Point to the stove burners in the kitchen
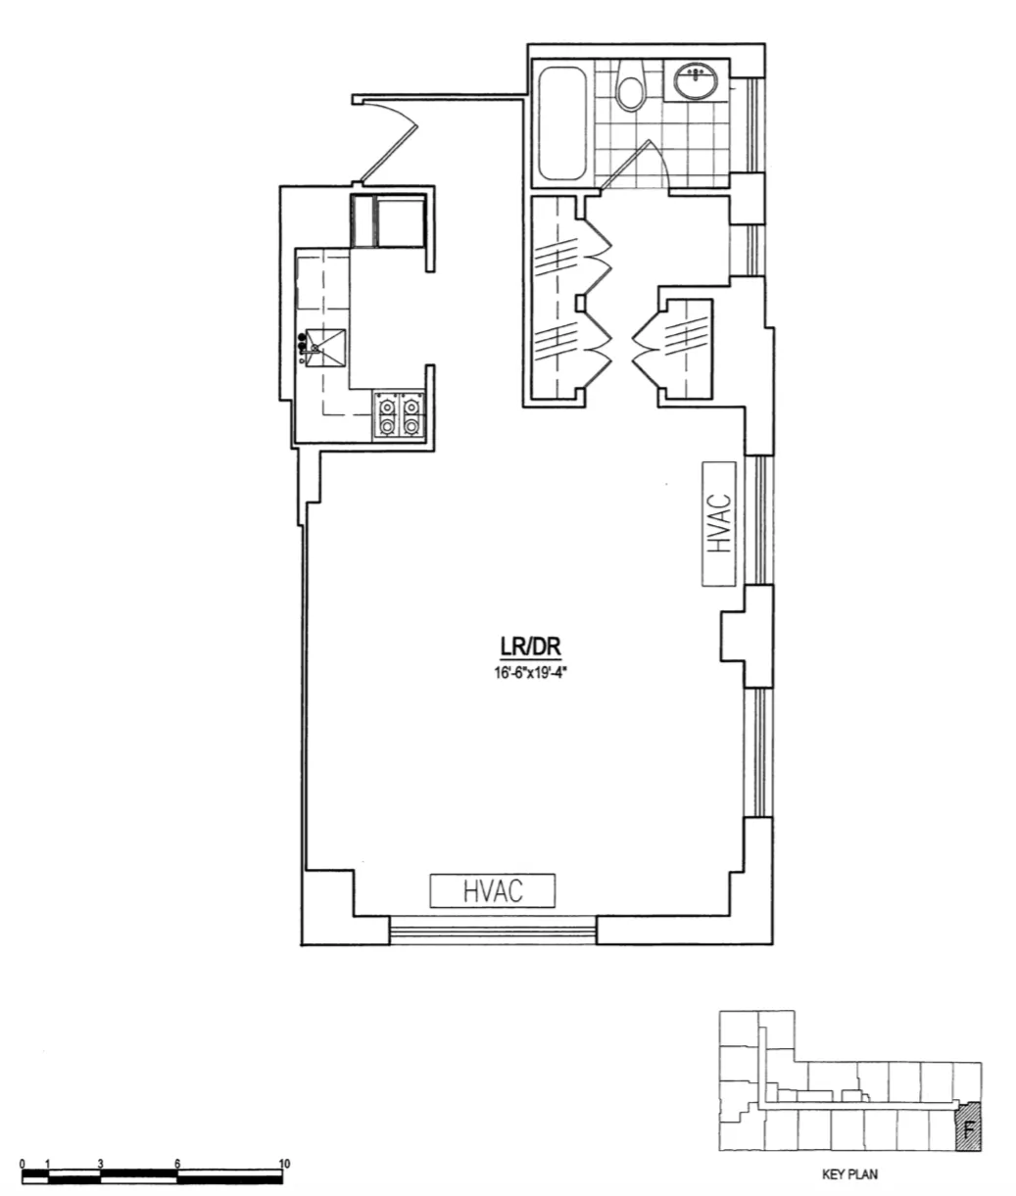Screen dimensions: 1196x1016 pyautogui.click(x=400, y=414)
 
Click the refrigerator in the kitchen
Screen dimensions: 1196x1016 pyautogui.click(x=388, y=221)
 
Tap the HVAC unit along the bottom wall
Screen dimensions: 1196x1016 pyautogui.click(x=493, y=890)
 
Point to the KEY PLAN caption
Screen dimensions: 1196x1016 pyautogui.click(x=849, y=1174)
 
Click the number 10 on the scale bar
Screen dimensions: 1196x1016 pyautogui.click(x=284, y=1164)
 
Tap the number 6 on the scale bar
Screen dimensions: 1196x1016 pyautogui.click(x=177, y=1164)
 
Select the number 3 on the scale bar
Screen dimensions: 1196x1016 pyautogui.click(x=101, y=1164)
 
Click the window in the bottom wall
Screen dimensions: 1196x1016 pyautogui.click(x=493, y=930)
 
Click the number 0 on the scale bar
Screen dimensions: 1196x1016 pyautogui.click(x=23, y=1164)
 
